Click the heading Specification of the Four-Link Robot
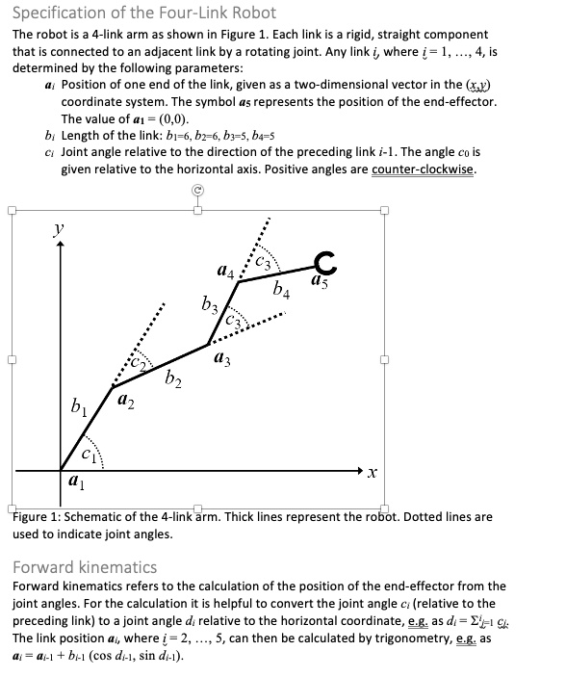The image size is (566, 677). [143, 13]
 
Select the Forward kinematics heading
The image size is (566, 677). [85, 566]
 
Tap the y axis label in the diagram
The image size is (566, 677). [59, 231]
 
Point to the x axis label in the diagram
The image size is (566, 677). [373, 474]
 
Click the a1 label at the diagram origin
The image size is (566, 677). [73, 483]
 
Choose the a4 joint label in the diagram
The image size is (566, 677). [224, 273]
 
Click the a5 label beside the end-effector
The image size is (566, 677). [321, 283]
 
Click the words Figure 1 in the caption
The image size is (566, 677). [38, 517]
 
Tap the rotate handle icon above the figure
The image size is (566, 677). [196, 191]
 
